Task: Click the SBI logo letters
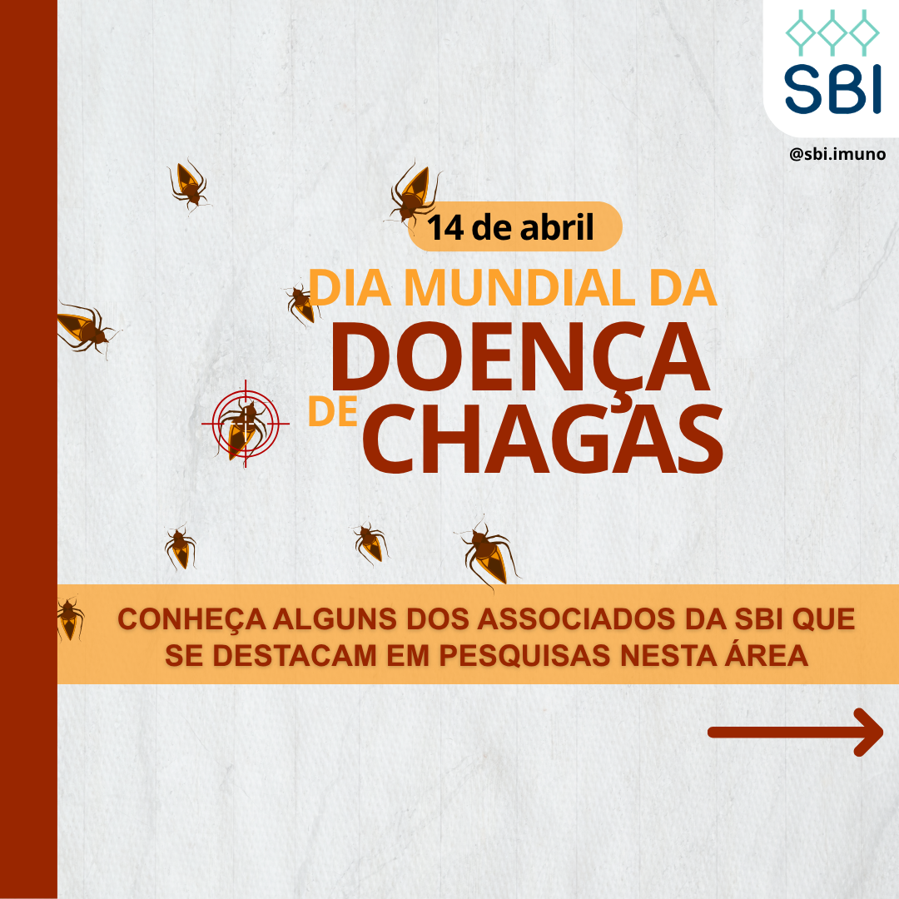(x=832, y=89)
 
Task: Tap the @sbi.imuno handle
(x=837, y=154)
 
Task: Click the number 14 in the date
(x=445, y=227)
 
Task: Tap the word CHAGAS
(x=543, y=439)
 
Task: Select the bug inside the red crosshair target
(x=242, y=426)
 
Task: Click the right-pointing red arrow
(x=795, y=732)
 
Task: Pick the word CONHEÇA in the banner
(x=192, y=620)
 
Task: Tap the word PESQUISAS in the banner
(x=524, y=656)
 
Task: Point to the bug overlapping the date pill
(x=415, y=194)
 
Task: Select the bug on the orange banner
(x=70, y=618)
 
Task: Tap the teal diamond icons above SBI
(x=832, y=32)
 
